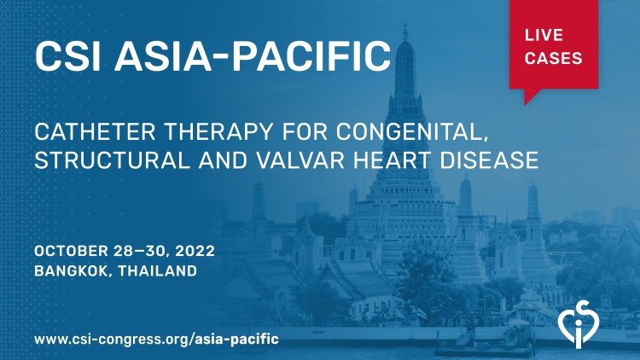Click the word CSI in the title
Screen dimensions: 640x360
(67, 55)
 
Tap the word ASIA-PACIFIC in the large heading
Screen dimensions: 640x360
(253, 55)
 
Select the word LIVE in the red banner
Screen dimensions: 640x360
(544, 35)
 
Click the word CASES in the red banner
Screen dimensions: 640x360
(554, 58)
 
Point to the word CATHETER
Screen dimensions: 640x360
(95, 132)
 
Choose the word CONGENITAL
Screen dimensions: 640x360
(412, 132)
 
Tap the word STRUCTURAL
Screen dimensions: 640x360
(113, 160)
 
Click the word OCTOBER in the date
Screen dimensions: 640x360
(71, 251)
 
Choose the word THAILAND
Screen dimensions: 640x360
(157, 270)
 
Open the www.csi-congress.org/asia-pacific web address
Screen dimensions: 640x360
(157, 340)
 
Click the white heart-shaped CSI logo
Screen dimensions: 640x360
(579, 323)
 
